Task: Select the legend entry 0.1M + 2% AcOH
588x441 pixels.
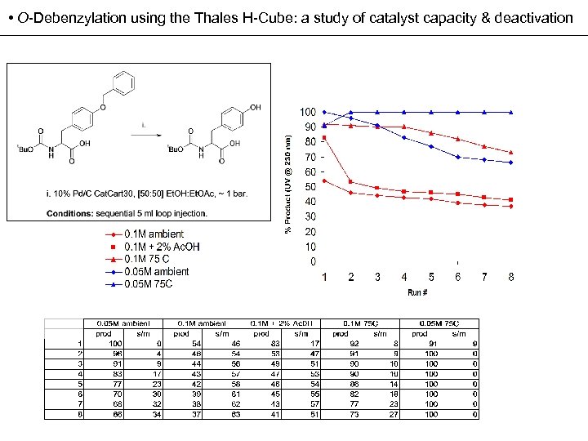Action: click(162, 247)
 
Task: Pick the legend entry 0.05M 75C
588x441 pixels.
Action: click(148, 283)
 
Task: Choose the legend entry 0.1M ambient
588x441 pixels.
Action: click(154, 234)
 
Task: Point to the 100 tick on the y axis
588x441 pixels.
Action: click(308, 112)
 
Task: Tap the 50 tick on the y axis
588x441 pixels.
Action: click(310, 187)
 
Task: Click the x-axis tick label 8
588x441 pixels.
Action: click(511, 277)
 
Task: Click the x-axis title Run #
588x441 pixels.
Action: click(417, 292)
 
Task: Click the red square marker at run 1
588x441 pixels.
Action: click(325, 137)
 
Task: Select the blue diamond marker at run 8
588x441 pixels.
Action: click(511, 163)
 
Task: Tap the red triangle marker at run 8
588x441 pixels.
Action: click(511, 152)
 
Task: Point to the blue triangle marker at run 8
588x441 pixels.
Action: click(511, 112)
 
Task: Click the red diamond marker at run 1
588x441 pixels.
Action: click(325, 180)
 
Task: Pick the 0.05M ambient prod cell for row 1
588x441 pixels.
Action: click(104, 342)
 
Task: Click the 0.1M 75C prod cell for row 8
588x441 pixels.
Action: click(354, 414)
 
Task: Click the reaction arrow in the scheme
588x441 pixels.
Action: click(145, 135)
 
